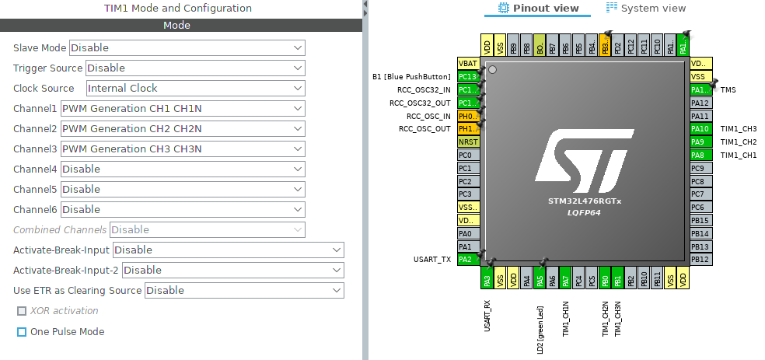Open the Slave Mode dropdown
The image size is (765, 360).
point(187,48)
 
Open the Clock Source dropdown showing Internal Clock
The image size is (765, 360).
point(195,89)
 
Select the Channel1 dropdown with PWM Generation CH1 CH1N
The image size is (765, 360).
point(183,109)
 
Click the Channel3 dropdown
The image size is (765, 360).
point(183,149)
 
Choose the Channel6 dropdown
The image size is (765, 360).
point(183,210)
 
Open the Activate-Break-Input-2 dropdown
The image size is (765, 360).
point(232,271)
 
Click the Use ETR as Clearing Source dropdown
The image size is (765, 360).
point(243,291)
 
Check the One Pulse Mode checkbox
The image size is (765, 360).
point(22,332)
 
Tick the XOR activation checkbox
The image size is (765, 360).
point(22,312)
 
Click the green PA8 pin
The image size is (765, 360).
point(700,155)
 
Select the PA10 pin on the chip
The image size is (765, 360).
point(700,129)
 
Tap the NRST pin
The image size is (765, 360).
point(468,142)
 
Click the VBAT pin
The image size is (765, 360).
point(468,64)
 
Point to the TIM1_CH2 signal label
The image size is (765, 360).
point(738,142)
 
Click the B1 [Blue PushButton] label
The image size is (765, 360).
point(411,77)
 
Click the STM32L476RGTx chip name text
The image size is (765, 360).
point(585,201)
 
